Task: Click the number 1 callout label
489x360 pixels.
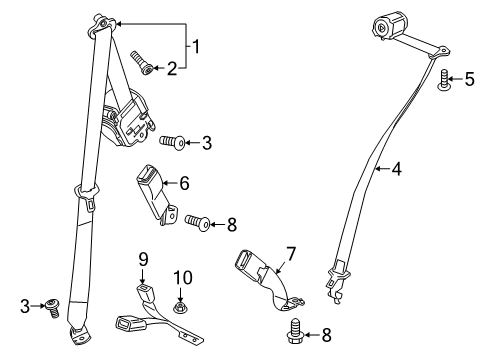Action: coord(197,45)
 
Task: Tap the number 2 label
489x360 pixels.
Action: coord(171,69)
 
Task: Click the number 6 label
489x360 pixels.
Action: coord(183,183)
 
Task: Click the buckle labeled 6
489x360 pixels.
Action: coord(152,191)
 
